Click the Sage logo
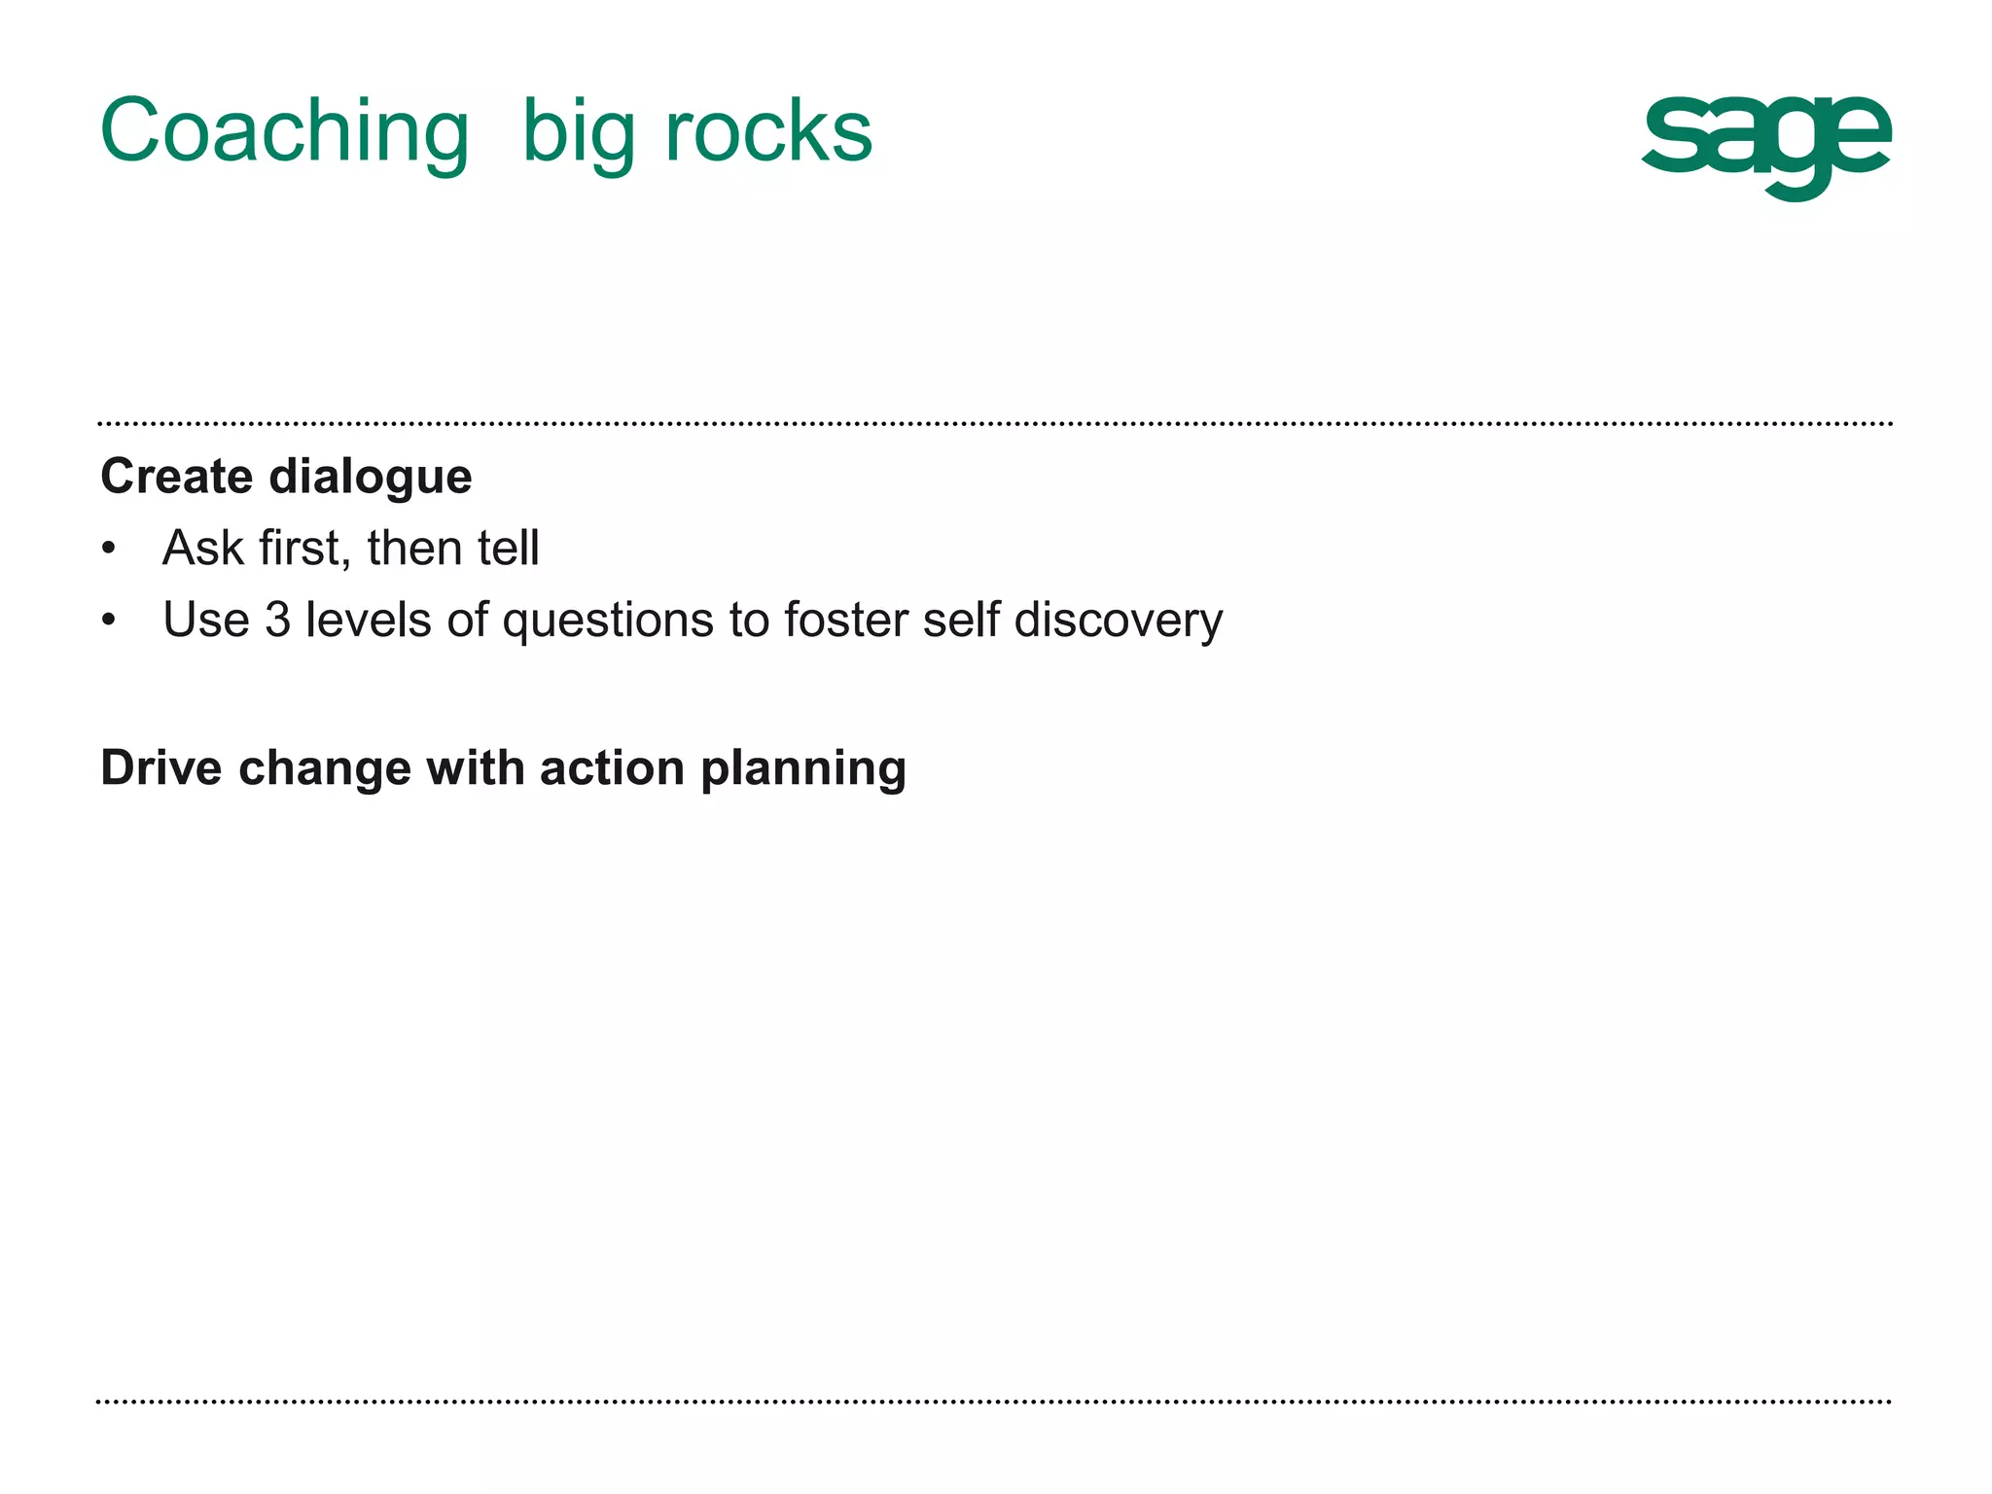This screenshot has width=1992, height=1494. [1766, 146]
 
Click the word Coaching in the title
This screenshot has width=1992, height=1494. [284, 133]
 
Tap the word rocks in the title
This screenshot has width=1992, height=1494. [768, 131]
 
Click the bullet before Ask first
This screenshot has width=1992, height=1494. [109, 549]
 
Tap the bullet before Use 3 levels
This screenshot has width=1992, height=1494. [109, 620]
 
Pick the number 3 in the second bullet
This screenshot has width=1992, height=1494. [278, 620]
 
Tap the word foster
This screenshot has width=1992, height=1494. [845, 620]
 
